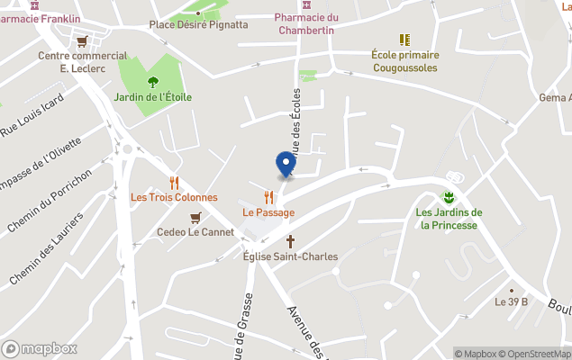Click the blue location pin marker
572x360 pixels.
[286, 164]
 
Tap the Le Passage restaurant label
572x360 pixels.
[268, 212]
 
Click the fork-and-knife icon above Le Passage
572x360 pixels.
[268, 197]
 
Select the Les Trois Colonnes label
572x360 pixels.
[174, 197]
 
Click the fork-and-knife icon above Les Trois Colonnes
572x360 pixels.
[174, 182]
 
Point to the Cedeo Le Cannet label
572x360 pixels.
[195, 231]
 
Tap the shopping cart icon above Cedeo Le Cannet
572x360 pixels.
[195, 217]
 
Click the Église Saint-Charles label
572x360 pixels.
[290, 256]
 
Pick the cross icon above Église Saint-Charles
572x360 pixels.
[290, 241]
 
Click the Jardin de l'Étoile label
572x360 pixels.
[152, 97]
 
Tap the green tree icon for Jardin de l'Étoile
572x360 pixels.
[152, 82]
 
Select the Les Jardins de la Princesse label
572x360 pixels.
[449, 219]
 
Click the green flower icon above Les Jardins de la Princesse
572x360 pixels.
[448, 197]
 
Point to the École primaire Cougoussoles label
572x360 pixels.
[404, 61]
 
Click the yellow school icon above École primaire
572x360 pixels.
[404, 40]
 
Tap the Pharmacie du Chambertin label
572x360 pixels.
[305, 23]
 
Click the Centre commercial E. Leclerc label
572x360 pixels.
[82, 61]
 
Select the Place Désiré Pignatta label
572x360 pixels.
[198, 24]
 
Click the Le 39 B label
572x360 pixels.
[512, 301]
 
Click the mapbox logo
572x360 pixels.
[40, 348]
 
